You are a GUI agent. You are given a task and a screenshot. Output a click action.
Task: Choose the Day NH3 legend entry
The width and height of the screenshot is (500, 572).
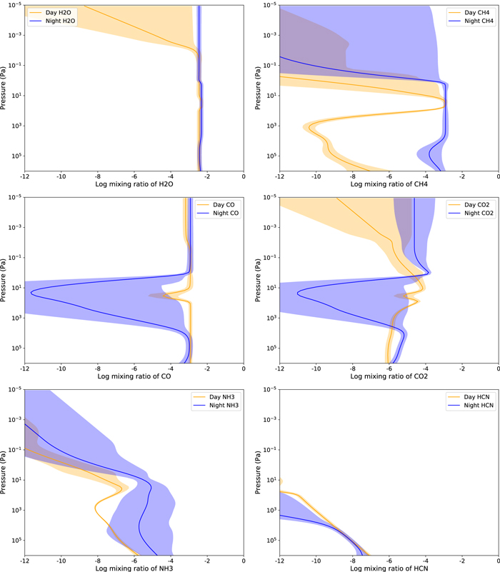pos(217,396)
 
